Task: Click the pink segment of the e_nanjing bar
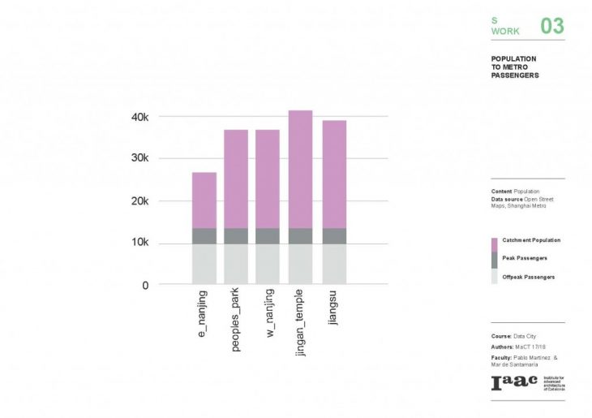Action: pyautogui.click(x=204, y=200)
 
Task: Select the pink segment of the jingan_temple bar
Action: pyautogui.click(x=301, y=169)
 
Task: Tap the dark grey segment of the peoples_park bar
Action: pyautogui.click(x=236, y=235)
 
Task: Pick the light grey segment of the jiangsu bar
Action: pyautogui.click(x=334, y=264)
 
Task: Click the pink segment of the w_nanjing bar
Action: pyautogui.click(x=268, y=179)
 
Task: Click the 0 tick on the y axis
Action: pyautogui.click(x=145, y=285)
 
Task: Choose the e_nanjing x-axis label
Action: pyautogui.click(x=203, y=313)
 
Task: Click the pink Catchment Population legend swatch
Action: pyautogui.click(x=495, y=243)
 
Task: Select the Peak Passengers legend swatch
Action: pyautogui.click(x=495, y=259)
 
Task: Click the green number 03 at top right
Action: pyautogui.click(x=551, y=26)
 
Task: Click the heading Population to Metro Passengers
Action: pyautogui.click(x=514, y=67)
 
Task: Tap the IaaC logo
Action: pyautogui.click(x=512, y=383)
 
